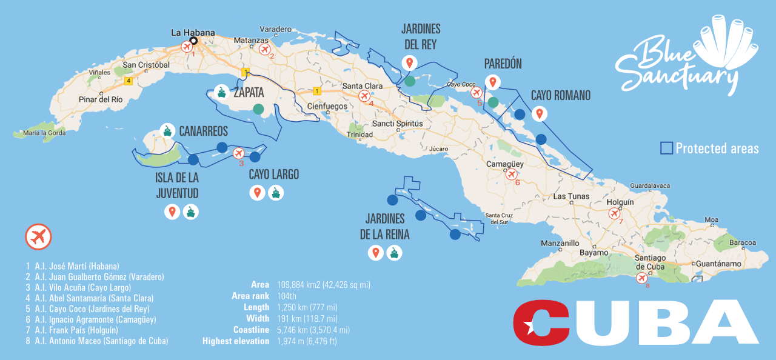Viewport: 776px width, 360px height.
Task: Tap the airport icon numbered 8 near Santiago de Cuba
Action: click(x=642, y=278)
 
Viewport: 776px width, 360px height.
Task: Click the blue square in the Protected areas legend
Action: click(x=666, y=148)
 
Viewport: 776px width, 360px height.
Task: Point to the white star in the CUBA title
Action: click(x=530, y=328)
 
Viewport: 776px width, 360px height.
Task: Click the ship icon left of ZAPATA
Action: click(x=222, y=93)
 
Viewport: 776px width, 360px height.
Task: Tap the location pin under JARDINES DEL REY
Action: click(x=410, y=62)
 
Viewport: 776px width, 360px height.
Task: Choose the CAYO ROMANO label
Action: click(x=560, y=96)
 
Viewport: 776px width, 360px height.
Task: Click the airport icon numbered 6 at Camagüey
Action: click(x=512, y=175)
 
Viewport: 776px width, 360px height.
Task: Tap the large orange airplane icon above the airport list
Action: click(x=38, y=237)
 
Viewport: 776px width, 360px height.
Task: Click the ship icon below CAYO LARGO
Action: click(x=276, y=193)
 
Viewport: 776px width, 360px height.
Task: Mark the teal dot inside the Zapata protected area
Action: click(x=258, y=110)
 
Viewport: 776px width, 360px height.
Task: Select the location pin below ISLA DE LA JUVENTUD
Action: click(x=172, y=212)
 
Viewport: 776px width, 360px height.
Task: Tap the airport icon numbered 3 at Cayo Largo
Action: click(x=238, y=153)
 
